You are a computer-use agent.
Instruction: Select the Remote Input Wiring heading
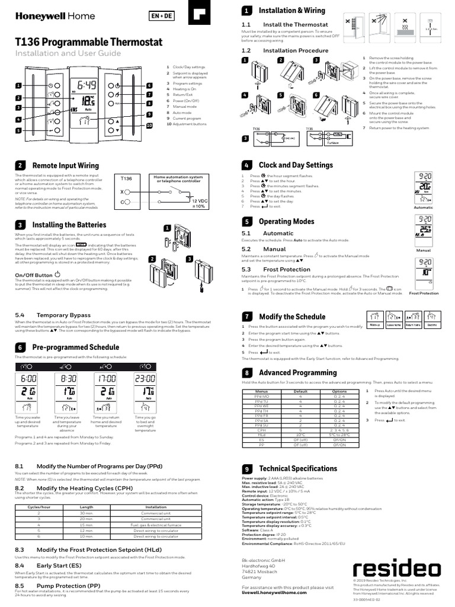65,165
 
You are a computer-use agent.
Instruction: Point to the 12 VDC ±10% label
198,204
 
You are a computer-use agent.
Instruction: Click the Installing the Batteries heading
69,225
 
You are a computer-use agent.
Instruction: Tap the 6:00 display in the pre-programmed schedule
28,378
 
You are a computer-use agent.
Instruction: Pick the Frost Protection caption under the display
424,293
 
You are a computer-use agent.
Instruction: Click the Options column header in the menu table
339,392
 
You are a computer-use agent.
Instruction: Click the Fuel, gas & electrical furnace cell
156,525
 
